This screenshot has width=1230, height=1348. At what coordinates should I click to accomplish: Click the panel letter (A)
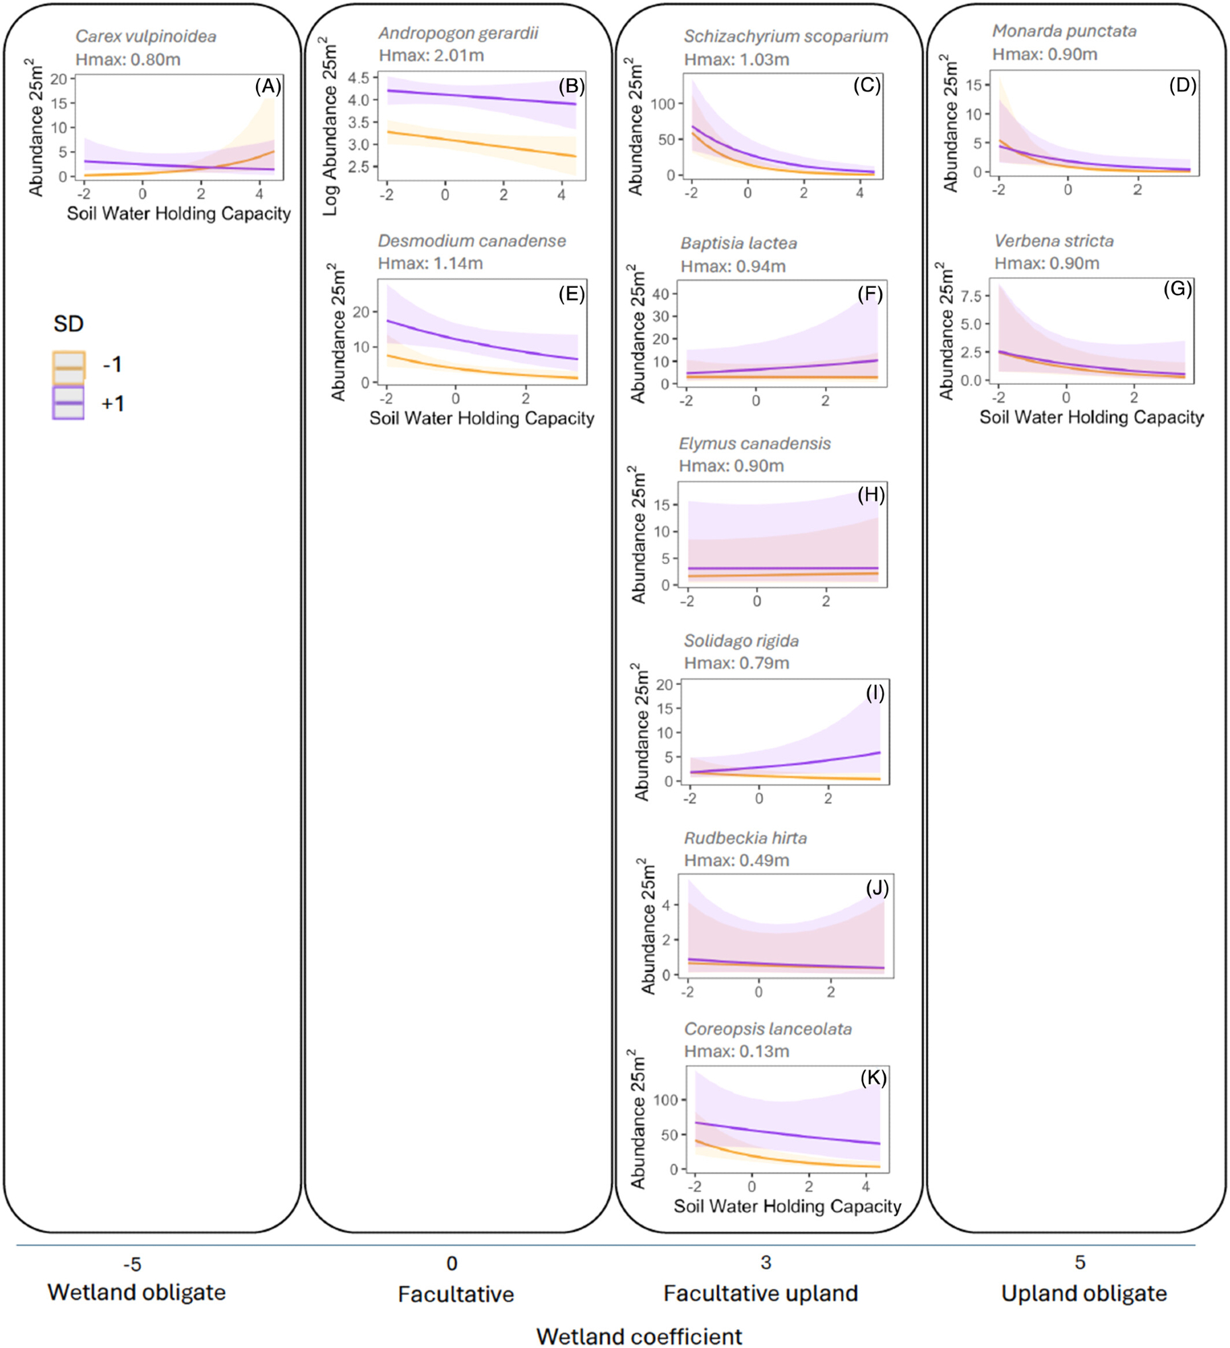268,86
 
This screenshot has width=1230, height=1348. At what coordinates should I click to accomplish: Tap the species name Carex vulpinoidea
146,36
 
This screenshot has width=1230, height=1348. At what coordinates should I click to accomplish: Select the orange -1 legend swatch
69,366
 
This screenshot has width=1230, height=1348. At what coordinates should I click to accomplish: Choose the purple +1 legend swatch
69,403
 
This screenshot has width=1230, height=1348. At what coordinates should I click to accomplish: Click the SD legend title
68,324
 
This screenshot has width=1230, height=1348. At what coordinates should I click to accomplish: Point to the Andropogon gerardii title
458,33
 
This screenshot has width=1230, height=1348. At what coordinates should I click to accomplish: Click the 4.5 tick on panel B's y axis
359,78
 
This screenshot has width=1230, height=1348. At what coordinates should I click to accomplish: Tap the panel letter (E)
572,294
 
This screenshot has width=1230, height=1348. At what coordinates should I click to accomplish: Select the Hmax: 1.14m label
430,264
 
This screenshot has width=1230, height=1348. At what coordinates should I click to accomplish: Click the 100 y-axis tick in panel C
663,104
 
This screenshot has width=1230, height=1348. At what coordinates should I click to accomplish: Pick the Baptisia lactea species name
738,243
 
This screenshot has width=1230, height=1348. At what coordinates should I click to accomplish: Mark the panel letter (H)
871,495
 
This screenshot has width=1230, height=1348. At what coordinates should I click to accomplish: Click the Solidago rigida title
741,641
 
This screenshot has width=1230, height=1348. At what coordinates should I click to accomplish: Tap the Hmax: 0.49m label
736,861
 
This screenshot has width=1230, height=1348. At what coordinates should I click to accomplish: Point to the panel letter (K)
873,1078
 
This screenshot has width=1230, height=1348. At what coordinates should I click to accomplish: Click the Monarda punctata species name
1064,31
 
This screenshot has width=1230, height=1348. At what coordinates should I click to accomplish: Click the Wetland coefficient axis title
639,1336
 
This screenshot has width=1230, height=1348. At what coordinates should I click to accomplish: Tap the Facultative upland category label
760,1293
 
